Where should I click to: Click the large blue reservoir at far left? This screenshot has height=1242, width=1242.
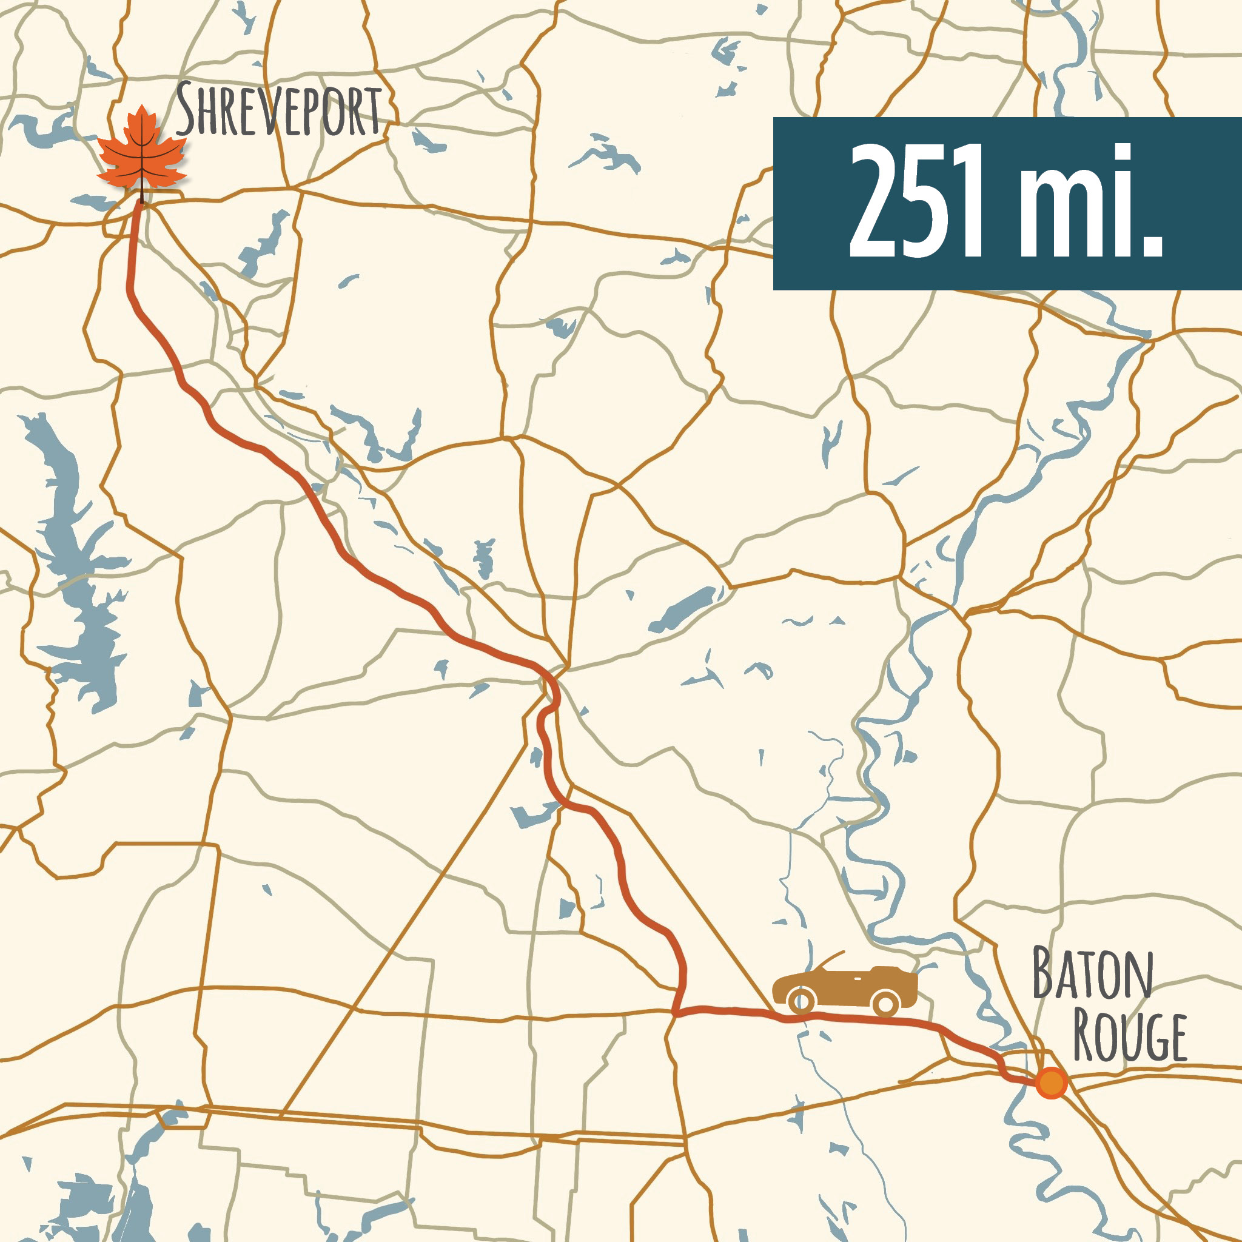tap(77, 566)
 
